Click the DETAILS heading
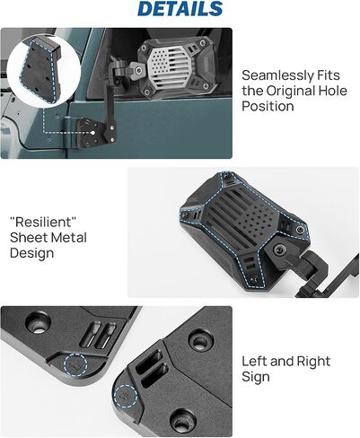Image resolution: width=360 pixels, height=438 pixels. [x=180, y=9]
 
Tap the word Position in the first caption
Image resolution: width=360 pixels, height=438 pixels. [x=268, y=106]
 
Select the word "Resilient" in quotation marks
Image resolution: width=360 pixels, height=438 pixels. [x=43, y=222]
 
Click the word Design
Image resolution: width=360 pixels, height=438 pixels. [x=31, y=253]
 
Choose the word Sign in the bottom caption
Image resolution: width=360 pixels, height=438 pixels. [x=256, y=377]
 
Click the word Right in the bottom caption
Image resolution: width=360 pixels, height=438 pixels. [x=313, y=361]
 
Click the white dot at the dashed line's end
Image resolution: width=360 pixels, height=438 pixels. [x=92, y=133]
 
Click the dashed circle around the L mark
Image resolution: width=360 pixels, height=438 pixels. [x=75, y=364]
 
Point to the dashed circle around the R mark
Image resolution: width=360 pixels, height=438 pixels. [x=126, y=396]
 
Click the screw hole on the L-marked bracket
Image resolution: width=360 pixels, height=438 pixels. [x=38, y=323]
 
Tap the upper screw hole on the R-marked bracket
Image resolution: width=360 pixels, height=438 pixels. [x=201, y=341]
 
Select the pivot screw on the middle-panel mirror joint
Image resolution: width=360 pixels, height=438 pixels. [x=281, y=250]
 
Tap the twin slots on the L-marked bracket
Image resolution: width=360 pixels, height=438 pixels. [x=98, y=335]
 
